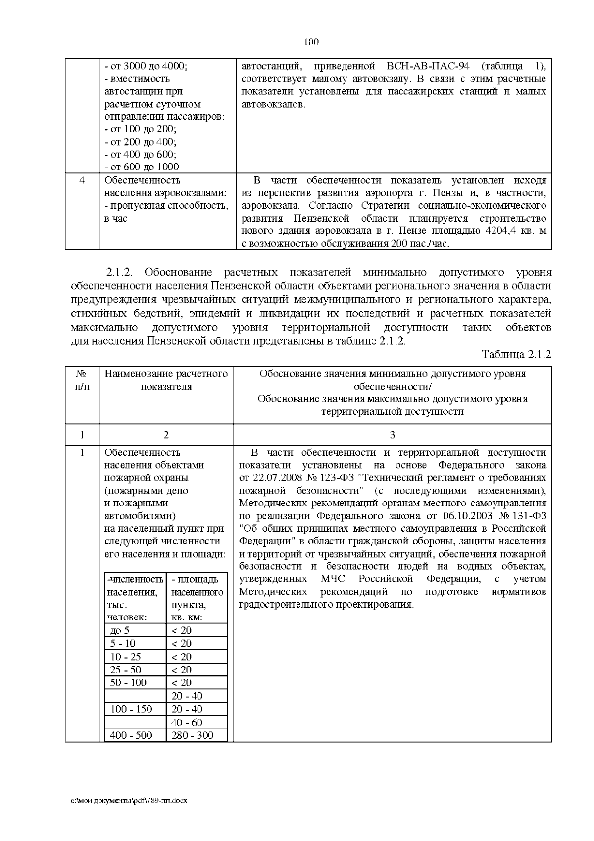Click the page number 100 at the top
pos(311,42)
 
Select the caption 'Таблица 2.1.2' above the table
pos(516,354)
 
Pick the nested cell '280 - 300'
pos(192,735)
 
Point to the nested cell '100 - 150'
pos(131,709)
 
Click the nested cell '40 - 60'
pos(187,723)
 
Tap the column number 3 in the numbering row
pos(393,435)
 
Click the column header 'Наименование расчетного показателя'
pos(166,380)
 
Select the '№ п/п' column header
pos(82,380)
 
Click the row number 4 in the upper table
pos(82,180)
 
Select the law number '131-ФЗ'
pos(530,515)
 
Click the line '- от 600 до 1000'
pos(142,167)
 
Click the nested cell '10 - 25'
pos(126,657)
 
